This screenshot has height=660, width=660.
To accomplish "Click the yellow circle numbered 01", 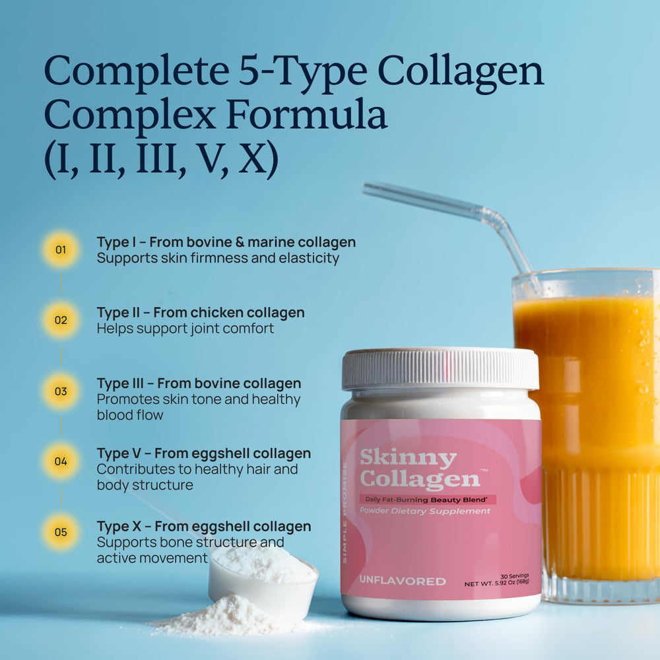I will tap(61, 249).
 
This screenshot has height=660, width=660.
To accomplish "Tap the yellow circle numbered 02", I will tap(61, 320).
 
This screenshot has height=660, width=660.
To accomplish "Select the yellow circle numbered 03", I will tap(61, 391).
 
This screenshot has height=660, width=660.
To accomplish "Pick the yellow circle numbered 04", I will tap(61, 461).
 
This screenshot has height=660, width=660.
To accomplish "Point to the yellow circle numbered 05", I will tap(61, 532).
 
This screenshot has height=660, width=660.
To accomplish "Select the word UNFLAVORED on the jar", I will tap(403, 581).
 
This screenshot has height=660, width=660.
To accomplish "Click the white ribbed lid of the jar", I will tap(440, 368).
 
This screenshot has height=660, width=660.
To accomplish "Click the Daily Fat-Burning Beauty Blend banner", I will tap(427, 500).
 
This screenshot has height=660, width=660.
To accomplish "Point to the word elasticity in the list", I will tap(309, 258).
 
